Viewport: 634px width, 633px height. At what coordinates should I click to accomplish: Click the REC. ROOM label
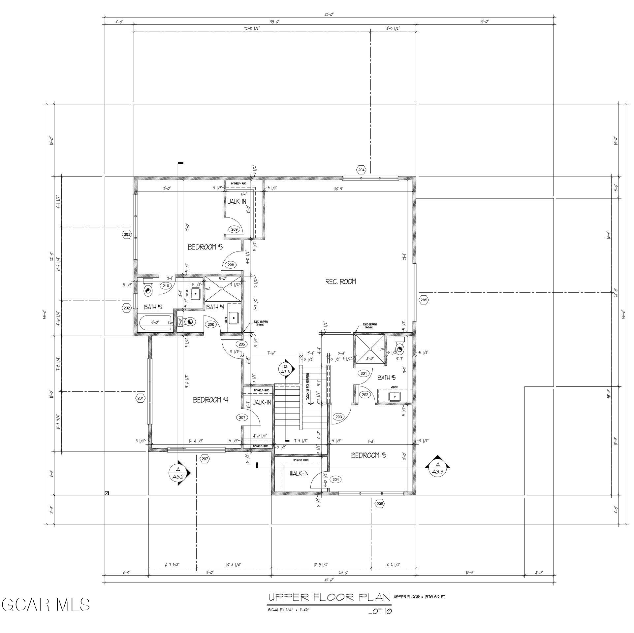click(x=340, y=282)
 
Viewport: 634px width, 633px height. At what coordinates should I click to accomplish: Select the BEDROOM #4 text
click(x=210, y=400)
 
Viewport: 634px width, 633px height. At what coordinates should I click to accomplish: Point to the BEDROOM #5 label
click(x=368, y=455)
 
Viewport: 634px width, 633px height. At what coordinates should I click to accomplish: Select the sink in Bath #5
click(x=395, y=396)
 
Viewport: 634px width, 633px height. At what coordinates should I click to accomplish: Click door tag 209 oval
click(x=234, y=229)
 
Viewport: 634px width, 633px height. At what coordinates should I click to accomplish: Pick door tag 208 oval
click(x=231, y=265)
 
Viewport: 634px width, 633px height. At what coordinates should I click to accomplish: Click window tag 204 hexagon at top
click(x=361, y=170)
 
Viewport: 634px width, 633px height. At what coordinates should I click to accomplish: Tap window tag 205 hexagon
click(x=424, y=300)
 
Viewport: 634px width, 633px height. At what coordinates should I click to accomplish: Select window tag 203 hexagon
click(x=127, y=235)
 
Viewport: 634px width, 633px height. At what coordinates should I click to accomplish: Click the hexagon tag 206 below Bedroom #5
click(x=380, y=503)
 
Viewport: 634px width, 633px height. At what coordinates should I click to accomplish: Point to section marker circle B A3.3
click(x=285, y=369)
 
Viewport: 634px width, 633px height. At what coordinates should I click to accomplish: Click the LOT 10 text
click(x=380, y=611)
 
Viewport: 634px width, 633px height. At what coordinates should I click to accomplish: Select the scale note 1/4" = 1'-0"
click(x=289, y=610)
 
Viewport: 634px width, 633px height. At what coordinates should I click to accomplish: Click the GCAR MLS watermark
click(x=46, y=605)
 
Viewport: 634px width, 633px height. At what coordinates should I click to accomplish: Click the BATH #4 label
click(x=215, y=307)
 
